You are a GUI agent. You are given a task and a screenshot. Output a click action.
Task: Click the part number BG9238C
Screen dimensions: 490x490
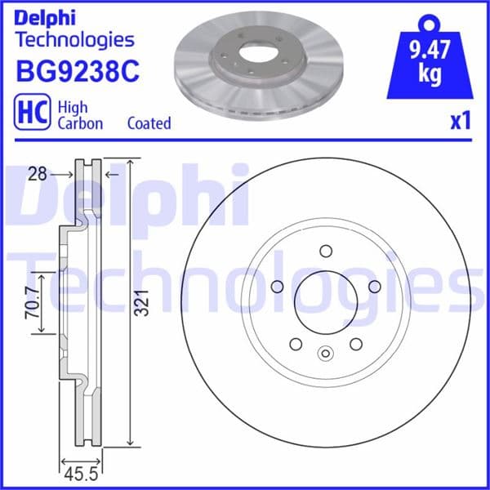pos(77,72)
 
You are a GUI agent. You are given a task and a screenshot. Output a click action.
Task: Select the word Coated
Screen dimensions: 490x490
pos(149,123)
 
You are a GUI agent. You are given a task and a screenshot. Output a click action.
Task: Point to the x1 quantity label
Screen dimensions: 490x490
pos(461,122)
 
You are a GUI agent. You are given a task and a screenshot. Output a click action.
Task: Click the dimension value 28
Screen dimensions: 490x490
pos(33,173)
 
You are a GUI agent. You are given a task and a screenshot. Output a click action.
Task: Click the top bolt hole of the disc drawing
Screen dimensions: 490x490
pos(325,251)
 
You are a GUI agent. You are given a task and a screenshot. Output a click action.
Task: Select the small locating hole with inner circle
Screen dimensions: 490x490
pos(325,354)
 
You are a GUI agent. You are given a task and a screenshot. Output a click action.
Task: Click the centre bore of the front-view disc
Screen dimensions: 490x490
pos(325,302)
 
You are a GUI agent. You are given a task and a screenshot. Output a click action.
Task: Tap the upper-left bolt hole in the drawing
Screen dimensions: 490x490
pos(275,287)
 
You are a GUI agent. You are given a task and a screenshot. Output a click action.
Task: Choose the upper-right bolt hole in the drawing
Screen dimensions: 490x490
pos(375,287)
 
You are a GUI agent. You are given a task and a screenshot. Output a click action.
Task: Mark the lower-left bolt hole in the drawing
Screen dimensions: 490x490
pos(295,344)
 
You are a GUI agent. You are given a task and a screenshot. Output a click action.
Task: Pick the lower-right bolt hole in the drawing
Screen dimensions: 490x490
pos(355,344)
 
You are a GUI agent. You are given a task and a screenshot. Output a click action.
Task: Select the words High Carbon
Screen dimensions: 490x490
pos(79,114)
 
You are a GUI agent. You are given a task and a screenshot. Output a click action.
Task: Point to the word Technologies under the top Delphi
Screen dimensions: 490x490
pos(74,39)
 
